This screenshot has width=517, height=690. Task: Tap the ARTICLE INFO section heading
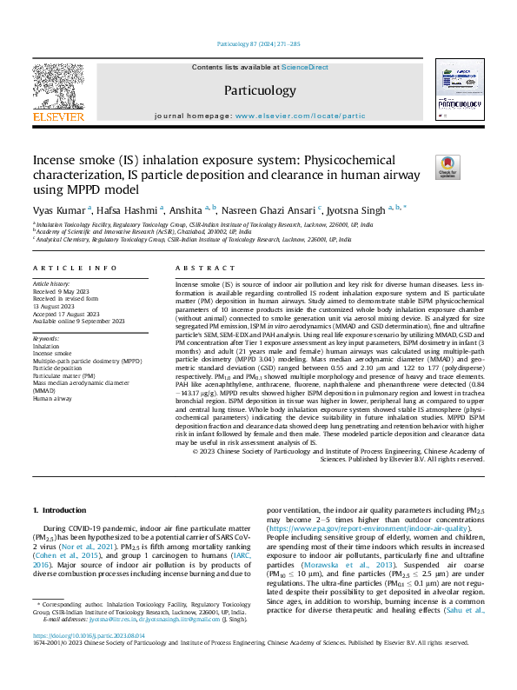(75, 269)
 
